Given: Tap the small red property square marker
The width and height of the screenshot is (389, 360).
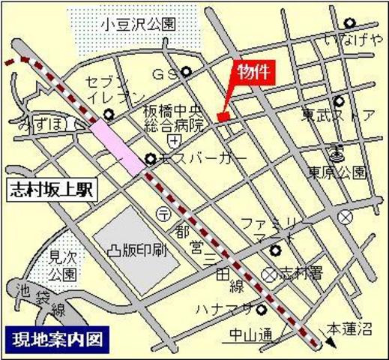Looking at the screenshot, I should (x=223, y=115).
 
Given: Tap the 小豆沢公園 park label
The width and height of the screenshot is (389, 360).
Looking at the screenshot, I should (x=139, y=24).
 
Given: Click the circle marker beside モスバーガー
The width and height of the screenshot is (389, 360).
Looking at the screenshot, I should (x=151, y=159).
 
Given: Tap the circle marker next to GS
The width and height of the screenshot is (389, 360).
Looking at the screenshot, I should (x=186, y=73).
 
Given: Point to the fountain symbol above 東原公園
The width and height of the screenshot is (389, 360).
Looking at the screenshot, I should (x=337, y=154).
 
